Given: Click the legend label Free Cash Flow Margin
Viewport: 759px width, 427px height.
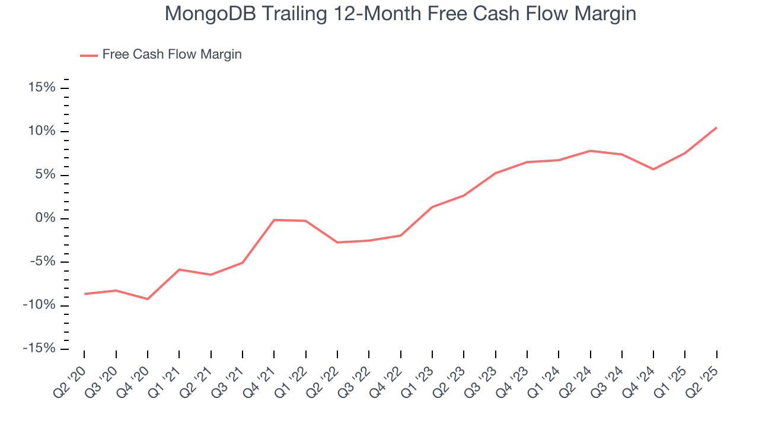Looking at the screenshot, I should tap(172, 55).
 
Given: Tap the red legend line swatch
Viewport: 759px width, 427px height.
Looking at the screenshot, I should tap(89, 55).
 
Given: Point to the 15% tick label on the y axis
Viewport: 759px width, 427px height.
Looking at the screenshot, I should tap(42, 88).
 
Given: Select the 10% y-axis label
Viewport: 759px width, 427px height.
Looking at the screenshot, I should tap(42, 131).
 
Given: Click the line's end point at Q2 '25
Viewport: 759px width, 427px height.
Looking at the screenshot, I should tap(716, 128).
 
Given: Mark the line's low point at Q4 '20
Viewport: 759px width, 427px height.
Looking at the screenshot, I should tap(148, 299).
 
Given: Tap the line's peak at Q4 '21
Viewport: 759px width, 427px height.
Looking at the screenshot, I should tap(274, 220).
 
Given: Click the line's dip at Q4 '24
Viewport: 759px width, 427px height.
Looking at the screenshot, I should tap(653, 169).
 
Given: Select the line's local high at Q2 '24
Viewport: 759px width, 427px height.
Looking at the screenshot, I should tap(590, 151).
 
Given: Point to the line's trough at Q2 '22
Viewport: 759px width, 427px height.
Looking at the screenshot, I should tap(337, 242).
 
